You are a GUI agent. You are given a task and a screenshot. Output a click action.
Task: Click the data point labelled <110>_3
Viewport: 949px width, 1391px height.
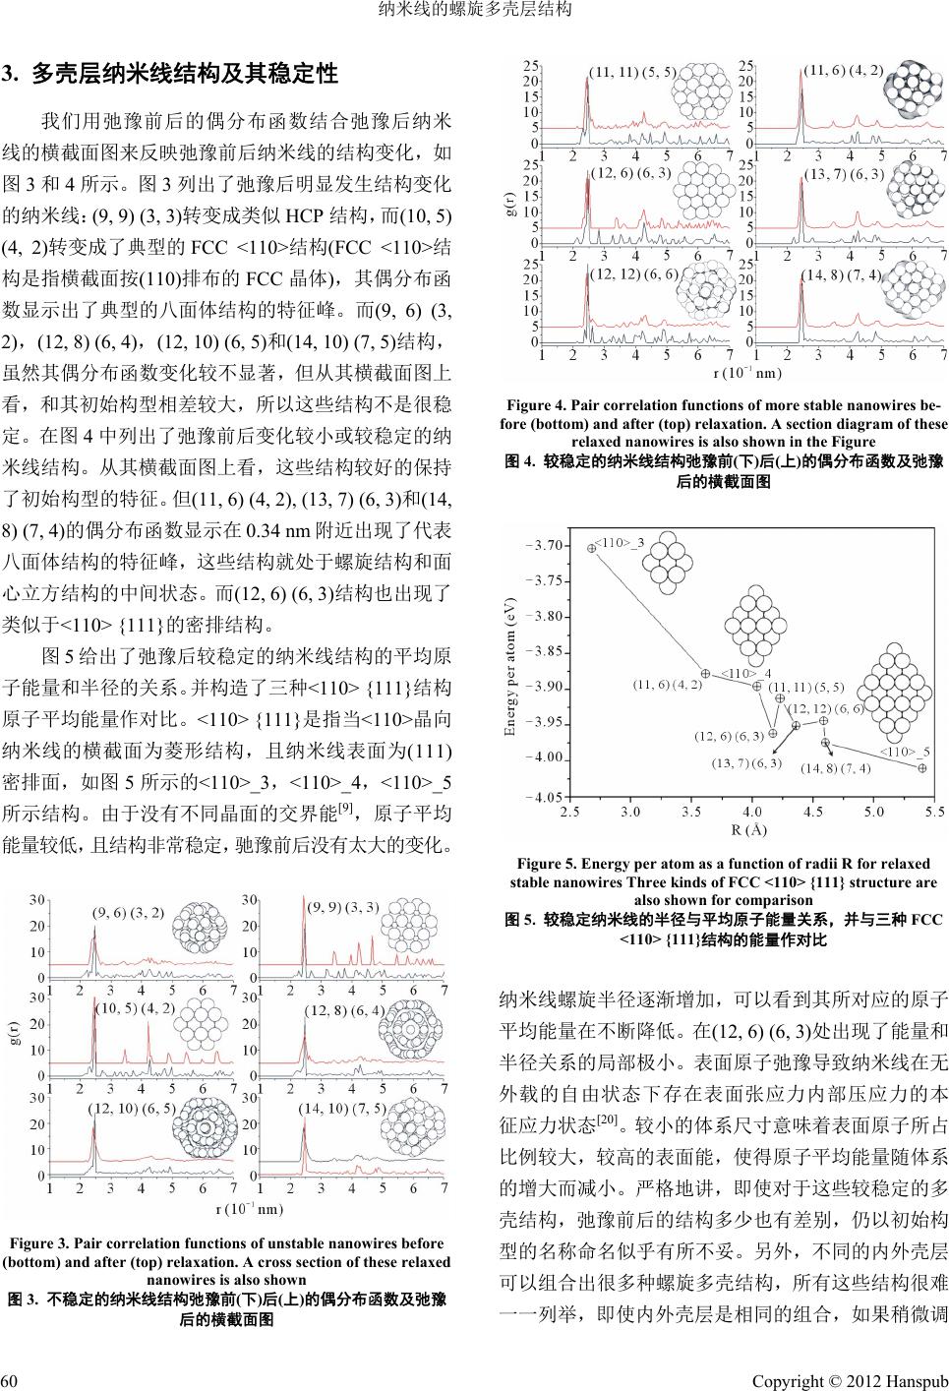coord(591,548)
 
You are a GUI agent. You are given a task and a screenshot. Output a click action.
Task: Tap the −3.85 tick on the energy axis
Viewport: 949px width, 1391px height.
coord(543,651)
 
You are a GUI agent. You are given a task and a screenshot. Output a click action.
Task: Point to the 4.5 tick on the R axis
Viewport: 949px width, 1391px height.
coord(813,812)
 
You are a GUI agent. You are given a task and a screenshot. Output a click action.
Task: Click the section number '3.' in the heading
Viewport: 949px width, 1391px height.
coord(11,73)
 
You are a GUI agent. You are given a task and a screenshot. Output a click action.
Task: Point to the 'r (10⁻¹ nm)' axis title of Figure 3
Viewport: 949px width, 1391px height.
coord(249,1208)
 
